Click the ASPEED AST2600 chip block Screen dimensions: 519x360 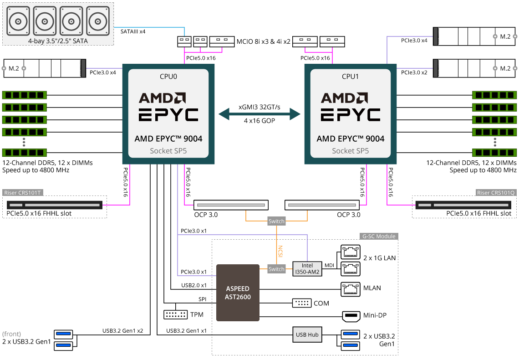(238, 293)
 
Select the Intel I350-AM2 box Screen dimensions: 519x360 (307, 268)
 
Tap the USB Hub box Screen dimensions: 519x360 (307, 334)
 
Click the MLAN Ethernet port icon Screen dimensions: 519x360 (351, 289)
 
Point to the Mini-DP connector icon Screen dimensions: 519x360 (351, 316)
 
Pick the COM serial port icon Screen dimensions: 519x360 (302, 303)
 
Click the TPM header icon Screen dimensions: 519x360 (176, 314)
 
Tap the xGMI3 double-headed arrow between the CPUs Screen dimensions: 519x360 (259, 114)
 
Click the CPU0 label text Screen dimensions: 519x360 (168, 77)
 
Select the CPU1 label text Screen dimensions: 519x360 (351, 77)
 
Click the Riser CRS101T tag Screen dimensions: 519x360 (23, 193)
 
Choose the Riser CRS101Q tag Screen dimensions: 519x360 (495, 193)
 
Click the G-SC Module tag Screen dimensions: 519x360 (379, 236)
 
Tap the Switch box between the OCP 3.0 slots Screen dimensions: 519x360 (276, 221)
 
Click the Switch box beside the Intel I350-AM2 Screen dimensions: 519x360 (276, 269)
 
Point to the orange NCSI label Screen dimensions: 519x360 (280, 252)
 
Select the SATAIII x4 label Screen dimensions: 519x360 (133, 31)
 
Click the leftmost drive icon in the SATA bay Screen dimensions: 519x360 (18, 21)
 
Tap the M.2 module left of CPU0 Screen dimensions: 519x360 (45, 68)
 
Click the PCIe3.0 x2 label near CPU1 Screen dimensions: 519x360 (414, 72)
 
